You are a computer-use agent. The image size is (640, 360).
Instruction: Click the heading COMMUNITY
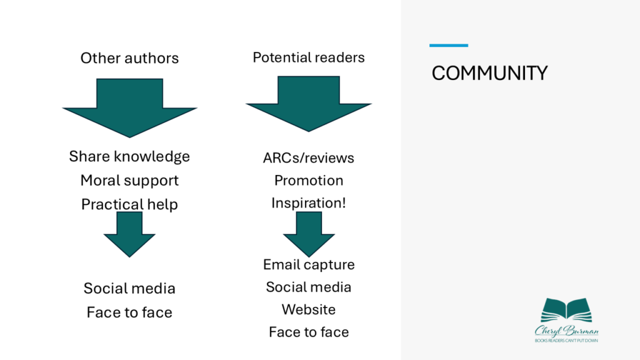[x=489, y=73]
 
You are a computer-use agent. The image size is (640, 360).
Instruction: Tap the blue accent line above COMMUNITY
[x=448, y=45]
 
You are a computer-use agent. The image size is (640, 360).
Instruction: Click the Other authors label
[x=129, y=58]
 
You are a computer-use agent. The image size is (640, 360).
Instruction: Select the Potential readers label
[x=308, y=57]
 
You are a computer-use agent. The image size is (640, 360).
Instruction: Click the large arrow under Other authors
[x=130, y=106]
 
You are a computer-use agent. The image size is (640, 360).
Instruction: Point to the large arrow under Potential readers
[x=308, y=103]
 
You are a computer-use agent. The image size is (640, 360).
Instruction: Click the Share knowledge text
[x=129, y=156]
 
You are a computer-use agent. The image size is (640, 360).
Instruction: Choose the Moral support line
[x=129, y=180]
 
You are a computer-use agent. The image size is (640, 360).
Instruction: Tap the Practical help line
[x=129, y=204]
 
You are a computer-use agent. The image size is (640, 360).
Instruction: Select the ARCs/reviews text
[x=308, y=157]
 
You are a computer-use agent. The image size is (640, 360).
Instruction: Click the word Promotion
[x=308, y=180]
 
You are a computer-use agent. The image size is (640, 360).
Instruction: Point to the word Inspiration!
[x=308, y=203]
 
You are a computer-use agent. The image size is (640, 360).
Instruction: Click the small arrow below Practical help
[x=129, y=234]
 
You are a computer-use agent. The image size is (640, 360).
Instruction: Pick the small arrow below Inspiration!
[x=309, y=234]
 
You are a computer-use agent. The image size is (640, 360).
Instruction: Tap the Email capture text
[x=308, y=264]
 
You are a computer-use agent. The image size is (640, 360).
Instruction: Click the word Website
[x=308, y=309]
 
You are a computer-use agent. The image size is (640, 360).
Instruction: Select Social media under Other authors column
[x=129, y=288]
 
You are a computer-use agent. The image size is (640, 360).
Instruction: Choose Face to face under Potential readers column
[x=308, y=332]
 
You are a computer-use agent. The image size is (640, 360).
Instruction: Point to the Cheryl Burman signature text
[x=566, y=329]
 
